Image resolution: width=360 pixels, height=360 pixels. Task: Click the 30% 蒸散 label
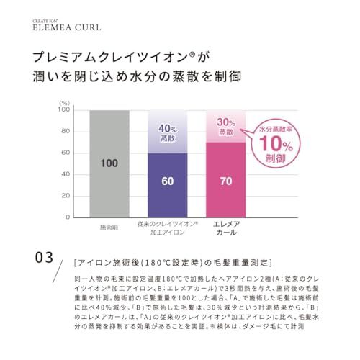[225, 127]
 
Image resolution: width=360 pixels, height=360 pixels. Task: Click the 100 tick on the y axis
[65, 110]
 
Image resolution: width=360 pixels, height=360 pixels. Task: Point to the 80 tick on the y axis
[66, 132]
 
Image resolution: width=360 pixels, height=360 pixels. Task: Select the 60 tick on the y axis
[66, 153]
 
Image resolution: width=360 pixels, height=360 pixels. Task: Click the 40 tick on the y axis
[66, 174]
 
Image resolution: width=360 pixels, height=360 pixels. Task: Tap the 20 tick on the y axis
[66, 195]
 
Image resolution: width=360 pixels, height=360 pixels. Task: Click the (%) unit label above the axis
[64, 103]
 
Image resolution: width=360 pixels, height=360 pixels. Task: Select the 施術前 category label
[109, 228]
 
